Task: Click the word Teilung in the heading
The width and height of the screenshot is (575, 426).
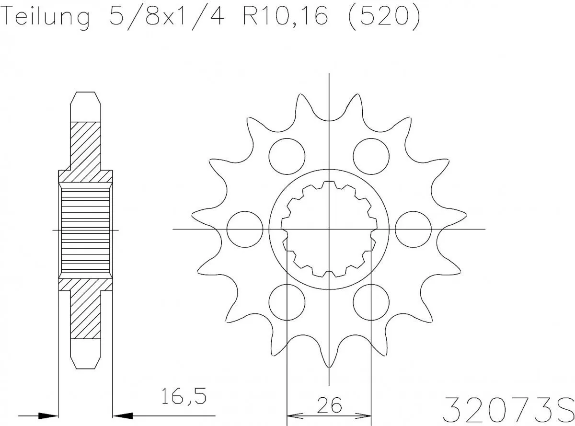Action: click(46, 18)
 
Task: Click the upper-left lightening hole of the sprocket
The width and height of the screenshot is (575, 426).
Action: click(287, 156)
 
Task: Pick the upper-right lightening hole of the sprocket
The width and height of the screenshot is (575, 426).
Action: click(371, 156)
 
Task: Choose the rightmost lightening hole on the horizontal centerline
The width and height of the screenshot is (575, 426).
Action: click(414, 229)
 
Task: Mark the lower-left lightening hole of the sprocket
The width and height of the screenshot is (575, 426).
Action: click(287, 302)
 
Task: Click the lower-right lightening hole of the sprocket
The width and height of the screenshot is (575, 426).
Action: click(371, 302)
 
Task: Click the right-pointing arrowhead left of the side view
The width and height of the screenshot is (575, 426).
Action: click(47, 415)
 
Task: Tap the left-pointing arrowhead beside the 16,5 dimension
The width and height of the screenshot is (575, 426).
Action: click(123, 415)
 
